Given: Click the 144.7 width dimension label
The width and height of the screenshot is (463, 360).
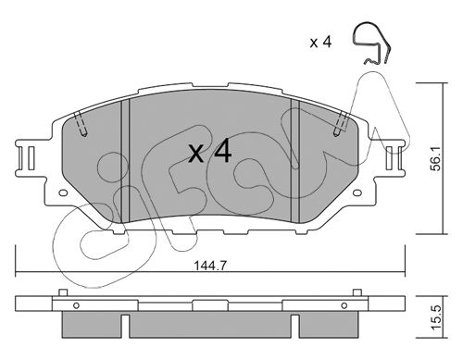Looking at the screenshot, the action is [x=210, y=266].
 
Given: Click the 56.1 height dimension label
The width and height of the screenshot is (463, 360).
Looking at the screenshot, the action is [x=436, y=159].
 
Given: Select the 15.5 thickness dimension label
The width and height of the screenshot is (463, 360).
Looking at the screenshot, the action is [x=436, y=317].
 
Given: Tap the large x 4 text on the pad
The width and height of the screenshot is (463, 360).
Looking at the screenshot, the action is [x=210, y=151].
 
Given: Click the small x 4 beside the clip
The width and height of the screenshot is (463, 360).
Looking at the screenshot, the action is [x=321, y=43].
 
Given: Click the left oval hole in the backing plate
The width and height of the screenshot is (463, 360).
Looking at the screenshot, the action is [x=63, y=193].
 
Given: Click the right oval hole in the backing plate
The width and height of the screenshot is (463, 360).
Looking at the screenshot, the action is [x=357, y=193].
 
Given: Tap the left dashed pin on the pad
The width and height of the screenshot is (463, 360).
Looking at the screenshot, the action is [x=81, y=124].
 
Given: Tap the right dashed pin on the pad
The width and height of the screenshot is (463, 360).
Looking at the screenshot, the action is [x=340, y=124].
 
